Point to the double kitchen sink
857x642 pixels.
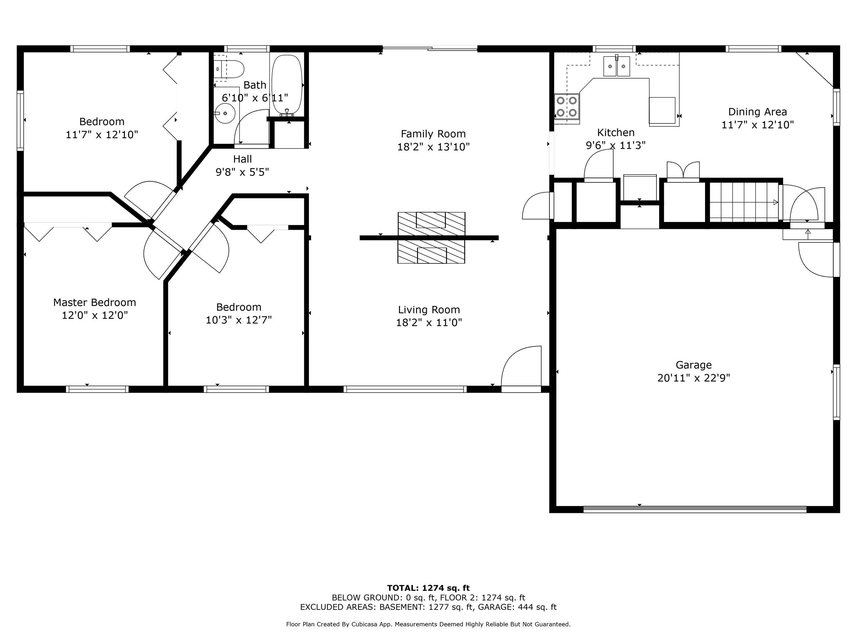[617, 66]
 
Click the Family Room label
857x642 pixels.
[433, 134]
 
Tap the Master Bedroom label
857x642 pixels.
[94, 302]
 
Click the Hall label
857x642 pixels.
[242, 159]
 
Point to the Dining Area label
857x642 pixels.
[758, 112]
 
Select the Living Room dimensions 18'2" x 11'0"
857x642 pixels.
[429, 323]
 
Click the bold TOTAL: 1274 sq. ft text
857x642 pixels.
[428, 588]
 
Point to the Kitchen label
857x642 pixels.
[616, 133]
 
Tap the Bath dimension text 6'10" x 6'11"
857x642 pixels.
[255, 98]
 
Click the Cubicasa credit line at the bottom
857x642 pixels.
[428, 624]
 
